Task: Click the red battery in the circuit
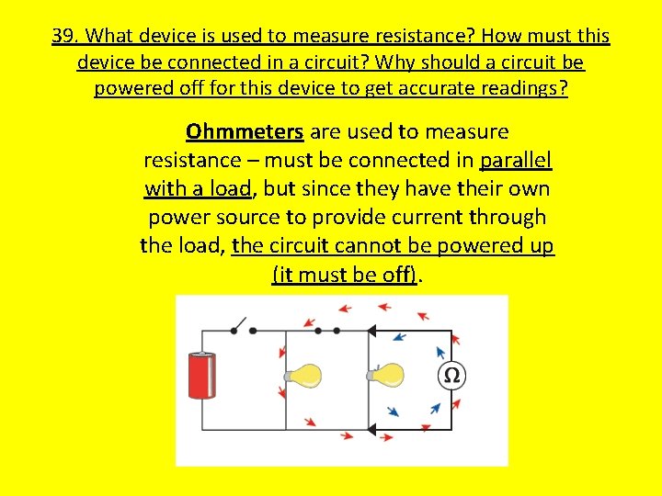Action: pos(201,376)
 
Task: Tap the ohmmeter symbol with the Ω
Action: pos(451,376)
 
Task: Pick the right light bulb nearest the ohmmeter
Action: pos(386,375)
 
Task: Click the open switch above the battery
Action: pos(241,326)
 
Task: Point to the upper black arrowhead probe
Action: pos(372,329)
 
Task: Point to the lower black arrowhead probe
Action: pos(372,429)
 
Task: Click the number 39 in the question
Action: pos(63,36)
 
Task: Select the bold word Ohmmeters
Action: pos(245,132)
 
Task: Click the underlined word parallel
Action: pos(515,161)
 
